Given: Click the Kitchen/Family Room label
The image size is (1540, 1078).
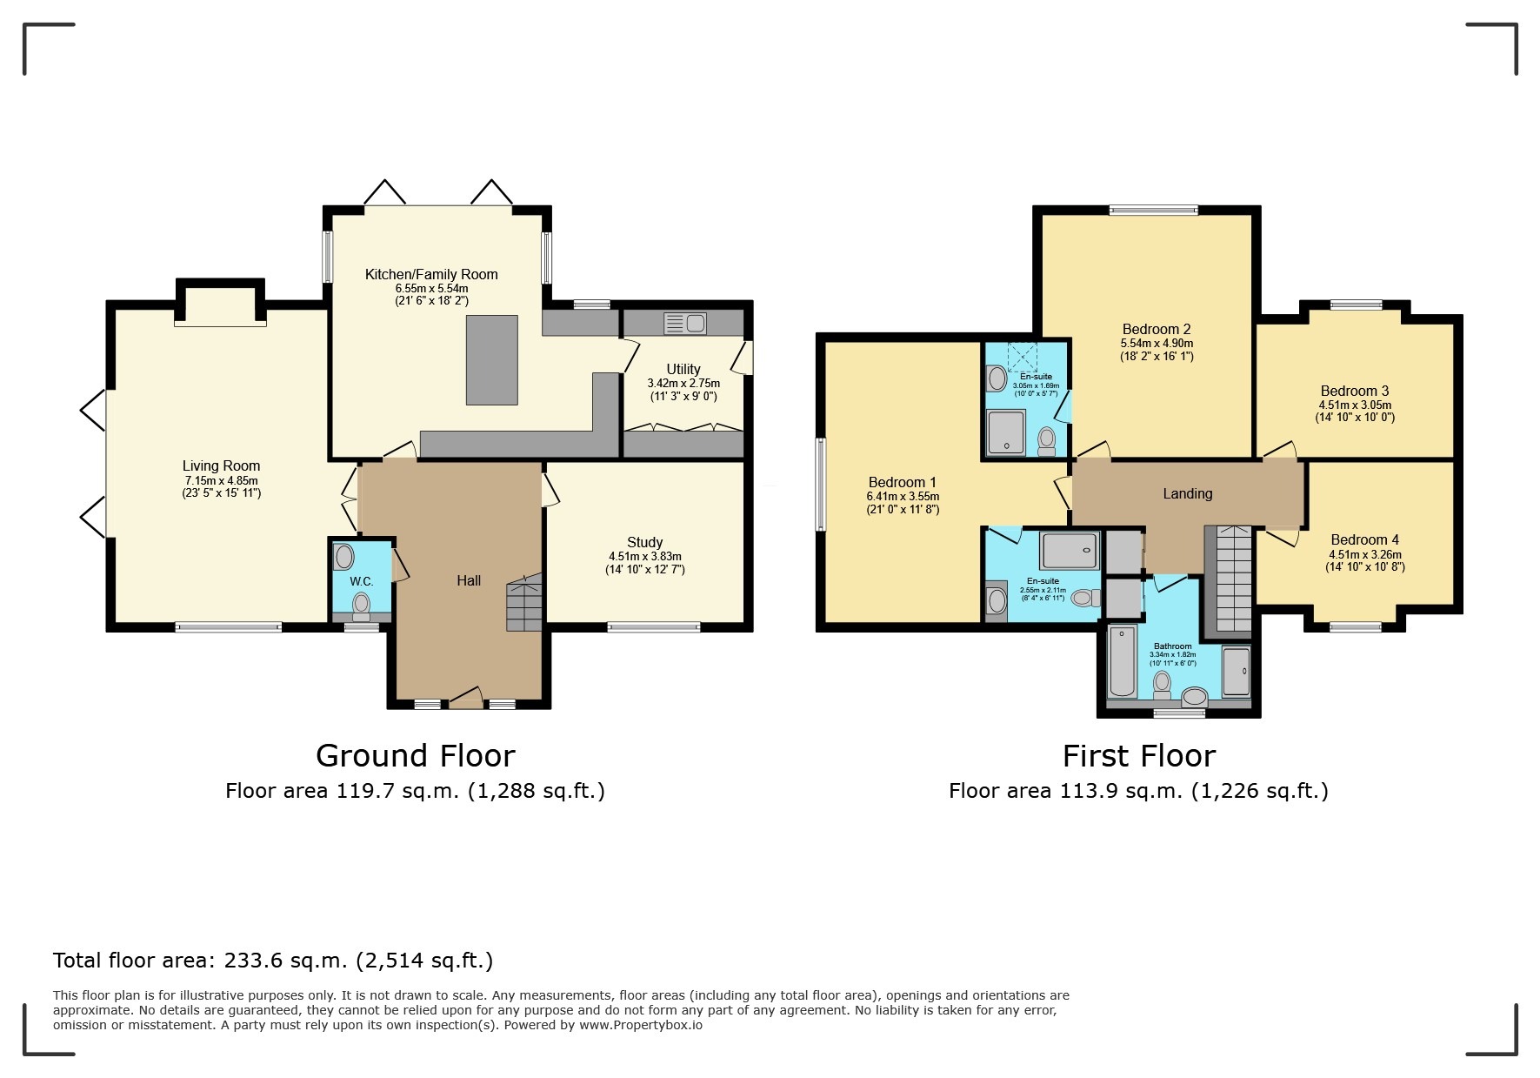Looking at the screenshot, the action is point(431,274).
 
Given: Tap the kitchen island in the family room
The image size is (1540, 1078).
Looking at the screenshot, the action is point(492,360).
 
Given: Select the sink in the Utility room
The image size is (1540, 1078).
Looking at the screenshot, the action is point(685,324).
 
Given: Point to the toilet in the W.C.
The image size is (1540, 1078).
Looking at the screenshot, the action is point(361,606).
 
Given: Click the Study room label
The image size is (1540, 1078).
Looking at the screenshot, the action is point(644,542).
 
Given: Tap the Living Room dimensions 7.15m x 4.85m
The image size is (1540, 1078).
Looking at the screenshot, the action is point(221,480).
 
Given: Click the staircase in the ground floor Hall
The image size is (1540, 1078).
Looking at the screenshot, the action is point(524,601).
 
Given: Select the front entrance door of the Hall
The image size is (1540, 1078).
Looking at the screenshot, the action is point(465,698).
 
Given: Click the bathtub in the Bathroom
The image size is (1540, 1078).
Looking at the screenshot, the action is point(1122,660).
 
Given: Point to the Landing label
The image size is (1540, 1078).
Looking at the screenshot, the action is point(1188,493).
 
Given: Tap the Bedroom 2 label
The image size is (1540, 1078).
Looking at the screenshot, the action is point(1157,329).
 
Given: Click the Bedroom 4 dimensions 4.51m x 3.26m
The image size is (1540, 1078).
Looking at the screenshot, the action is point(1365,554).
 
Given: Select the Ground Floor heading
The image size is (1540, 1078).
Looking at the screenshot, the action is point(416,755).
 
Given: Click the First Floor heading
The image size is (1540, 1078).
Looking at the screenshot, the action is point(1139,755).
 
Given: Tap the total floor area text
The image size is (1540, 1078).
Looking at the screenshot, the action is point(273,961).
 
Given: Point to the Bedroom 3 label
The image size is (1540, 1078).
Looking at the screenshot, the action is point(1355,391).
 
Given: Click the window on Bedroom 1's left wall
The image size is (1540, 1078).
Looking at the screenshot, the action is point(820,484).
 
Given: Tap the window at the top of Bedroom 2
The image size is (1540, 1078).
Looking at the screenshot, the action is point(1153,209).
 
